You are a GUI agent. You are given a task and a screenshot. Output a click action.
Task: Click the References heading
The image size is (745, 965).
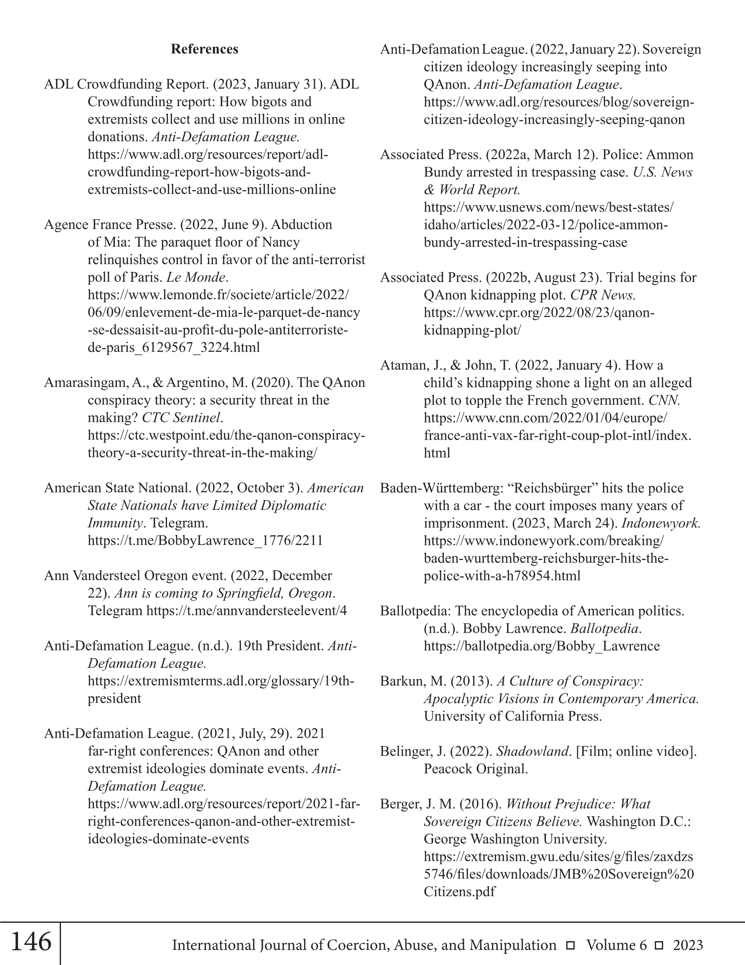(205, 49)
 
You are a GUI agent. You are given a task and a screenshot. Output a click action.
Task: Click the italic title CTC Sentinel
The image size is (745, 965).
(181, 418)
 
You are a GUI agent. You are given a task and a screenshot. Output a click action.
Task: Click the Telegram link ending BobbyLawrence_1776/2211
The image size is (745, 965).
(205, 540)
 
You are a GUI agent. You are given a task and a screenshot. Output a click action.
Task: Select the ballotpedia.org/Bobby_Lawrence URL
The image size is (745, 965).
(541, 646)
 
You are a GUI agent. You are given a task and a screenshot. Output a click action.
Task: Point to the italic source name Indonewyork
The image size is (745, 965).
(661, 523)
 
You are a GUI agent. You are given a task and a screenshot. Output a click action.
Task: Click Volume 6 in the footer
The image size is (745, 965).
(616, 945)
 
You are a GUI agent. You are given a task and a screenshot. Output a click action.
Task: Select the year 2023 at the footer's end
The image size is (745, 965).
(688, 945)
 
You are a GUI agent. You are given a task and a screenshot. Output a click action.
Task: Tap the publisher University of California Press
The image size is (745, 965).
(512, 716)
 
